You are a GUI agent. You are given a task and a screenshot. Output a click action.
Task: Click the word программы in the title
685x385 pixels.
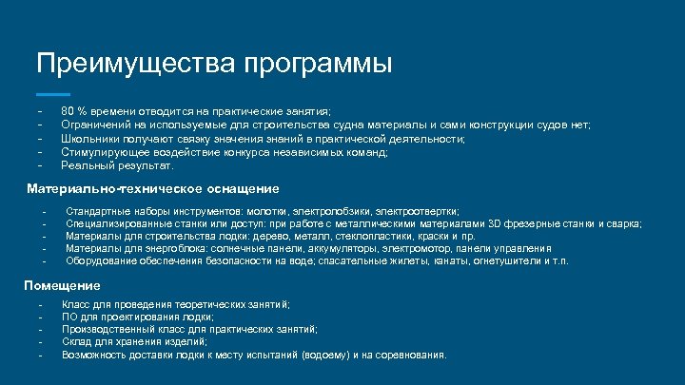[317, 66]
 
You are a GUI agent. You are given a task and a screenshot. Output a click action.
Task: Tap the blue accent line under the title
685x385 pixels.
[52, 94]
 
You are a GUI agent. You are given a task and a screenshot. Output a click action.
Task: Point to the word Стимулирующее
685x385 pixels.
[102, 151]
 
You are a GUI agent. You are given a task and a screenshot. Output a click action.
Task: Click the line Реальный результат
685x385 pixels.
[117, 164]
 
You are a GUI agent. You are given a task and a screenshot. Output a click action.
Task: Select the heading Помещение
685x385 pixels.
[62, 285]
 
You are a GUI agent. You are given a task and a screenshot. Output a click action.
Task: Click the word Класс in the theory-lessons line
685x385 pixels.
[76, 304]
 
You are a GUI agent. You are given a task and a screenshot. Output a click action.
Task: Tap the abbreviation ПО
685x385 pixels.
[68, 317]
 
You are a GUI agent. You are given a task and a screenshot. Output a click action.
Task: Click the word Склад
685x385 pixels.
[76, 341]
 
